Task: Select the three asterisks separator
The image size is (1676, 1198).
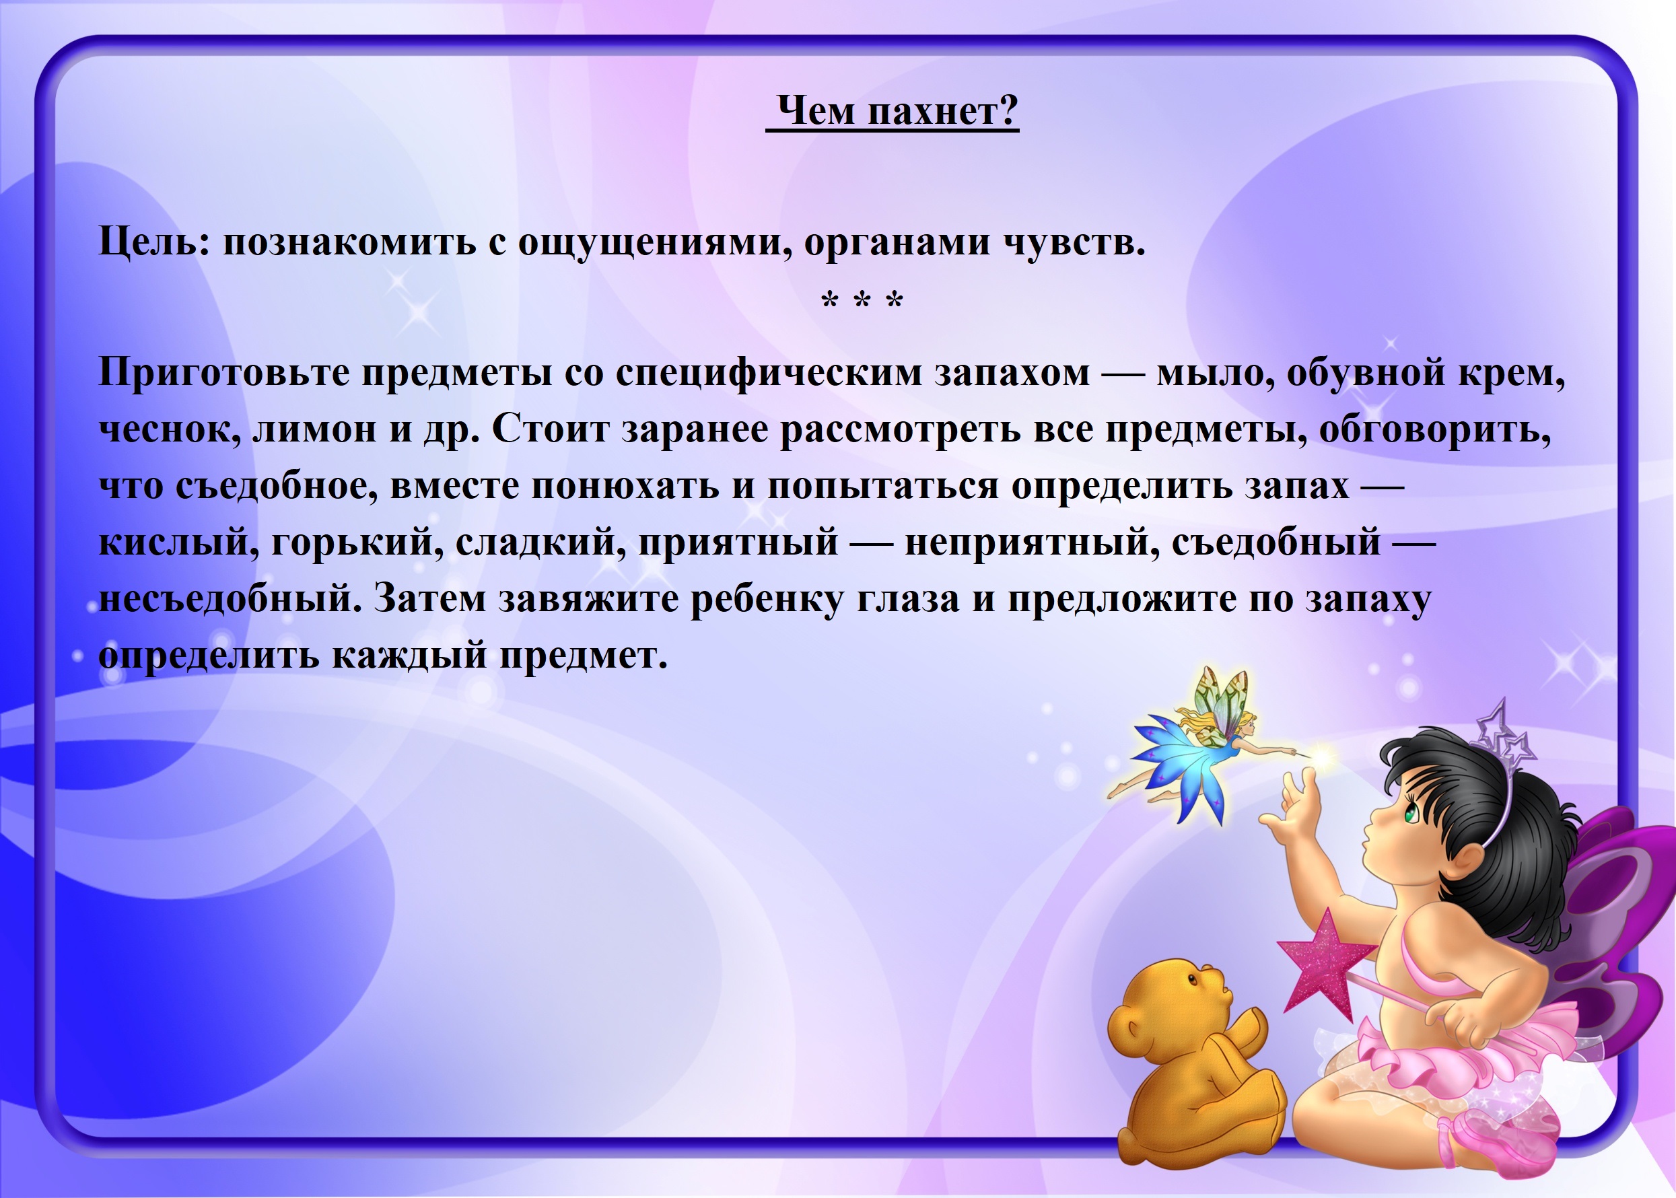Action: (862, 302)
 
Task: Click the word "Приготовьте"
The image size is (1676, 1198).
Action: (224, 373)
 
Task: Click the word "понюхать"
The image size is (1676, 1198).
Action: (625, 487)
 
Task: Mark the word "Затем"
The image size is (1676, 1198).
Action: (430, 599)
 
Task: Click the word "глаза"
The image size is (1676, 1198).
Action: (909, 599)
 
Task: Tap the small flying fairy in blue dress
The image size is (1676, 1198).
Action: (1202, 745)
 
